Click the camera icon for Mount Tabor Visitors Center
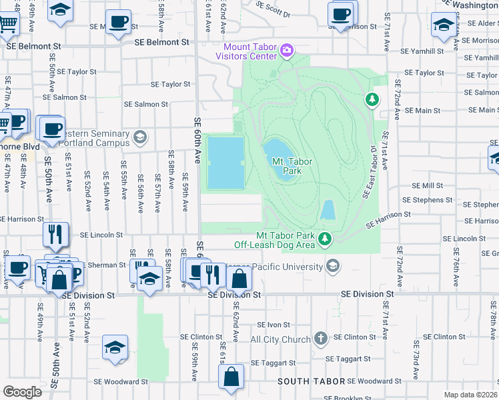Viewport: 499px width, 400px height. (287, 51)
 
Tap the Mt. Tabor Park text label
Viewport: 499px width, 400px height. (292, 166)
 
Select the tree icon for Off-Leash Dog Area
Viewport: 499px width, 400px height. (325, 239)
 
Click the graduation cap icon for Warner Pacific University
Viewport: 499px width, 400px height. (332, 267)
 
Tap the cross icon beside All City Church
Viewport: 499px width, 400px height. (321, 339)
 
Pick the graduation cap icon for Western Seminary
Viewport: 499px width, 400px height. (139, 137)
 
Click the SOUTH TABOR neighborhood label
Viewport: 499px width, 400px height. (311, 381)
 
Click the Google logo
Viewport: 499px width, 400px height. (22, 392)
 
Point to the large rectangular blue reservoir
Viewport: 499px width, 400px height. (225, 163)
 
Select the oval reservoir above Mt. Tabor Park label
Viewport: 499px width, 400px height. (278, 150)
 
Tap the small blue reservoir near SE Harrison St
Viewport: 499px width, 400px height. (328, 210)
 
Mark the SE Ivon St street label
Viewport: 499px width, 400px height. (274, 325)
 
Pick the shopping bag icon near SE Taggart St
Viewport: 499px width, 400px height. (231, 376)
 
